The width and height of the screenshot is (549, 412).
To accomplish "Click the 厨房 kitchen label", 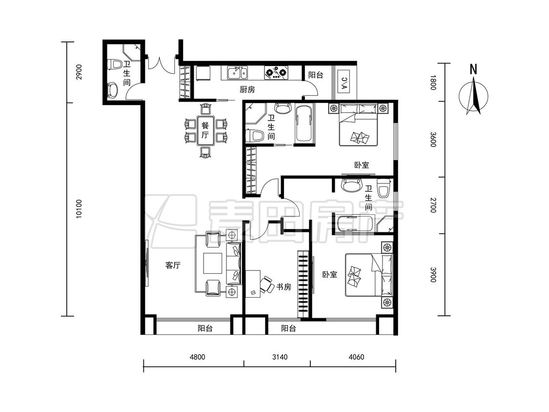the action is tap(247, 90).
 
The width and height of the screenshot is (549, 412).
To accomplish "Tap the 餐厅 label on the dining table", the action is tap(205, 130).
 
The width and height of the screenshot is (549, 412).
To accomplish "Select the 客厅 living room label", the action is tap(173, 265).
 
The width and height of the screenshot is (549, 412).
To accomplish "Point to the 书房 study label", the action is tap(284, 287).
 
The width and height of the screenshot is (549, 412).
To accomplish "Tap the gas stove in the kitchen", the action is tap(277, 73).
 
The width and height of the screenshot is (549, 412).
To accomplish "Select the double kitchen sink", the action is tap(237, 73).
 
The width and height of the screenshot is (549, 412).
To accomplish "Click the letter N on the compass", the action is tap(473, 69).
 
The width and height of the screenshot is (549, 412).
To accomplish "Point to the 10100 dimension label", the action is tap(79, 209).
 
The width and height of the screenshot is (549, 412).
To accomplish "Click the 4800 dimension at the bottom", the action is tap(197, 357).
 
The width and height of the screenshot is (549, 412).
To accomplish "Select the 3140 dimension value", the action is tap(280, 357).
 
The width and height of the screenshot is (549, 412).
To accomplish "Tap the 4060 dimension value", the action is tap(356, 357).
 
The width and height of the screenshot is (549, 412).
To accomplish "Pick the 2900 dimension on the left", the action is tap(79, 72).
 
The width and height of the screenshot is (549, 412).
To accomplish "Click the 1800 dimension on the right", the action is tap(433, 82).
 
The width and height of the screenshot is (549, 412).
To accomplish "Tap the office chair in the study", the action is tap(267, 285).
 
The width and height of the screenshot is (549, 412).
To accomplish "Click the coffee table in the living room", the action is tap(213, 263).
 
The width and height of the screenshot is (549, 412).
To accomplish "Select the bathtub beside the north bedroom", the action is tap(304, 124).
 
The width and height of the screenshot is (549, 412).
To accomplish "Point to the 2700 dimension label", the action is tap(433, 206).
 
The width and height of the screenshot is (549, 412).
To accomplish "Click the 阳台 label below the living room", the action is tap(205, 328).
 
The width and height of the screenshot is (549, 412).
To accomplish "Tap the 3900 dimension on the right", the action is tap(433, 275).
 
